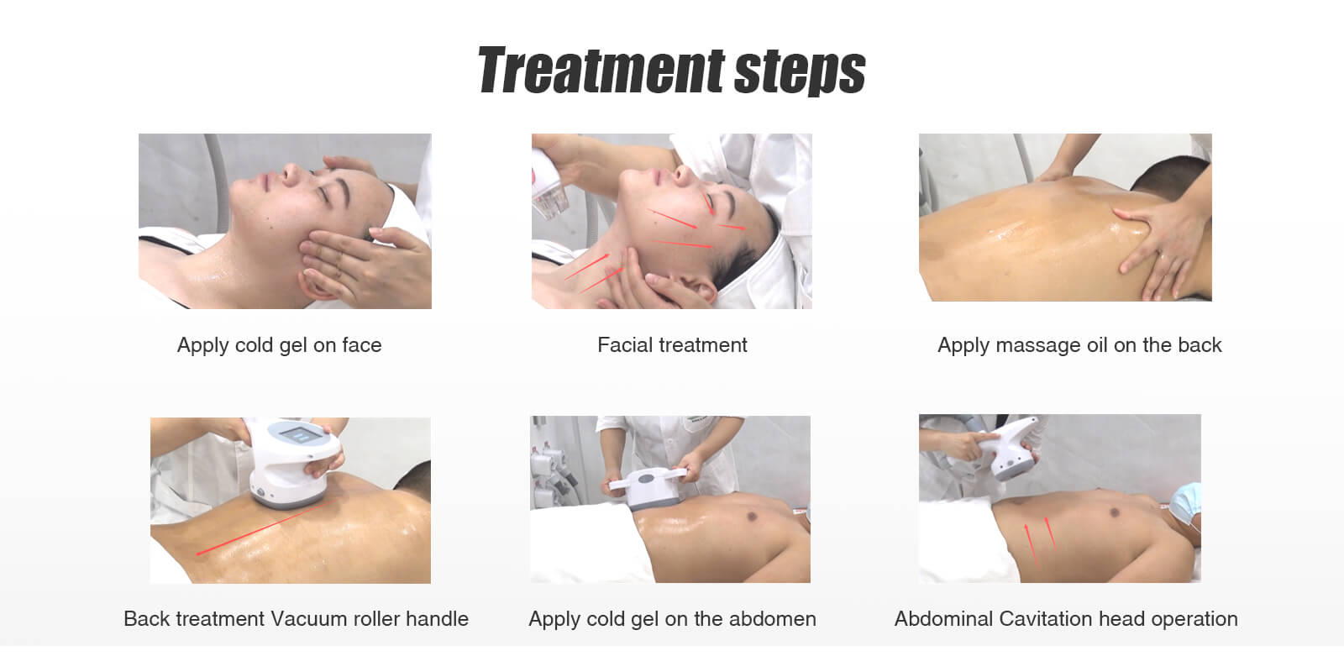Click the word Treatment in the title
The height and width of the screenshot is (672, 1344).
601,71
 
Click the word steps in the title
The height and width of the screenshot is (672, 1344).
800,72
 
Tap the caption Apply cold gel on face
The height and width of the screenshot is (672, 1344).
279,345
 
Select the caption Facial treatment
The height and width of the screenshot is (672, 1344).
672,345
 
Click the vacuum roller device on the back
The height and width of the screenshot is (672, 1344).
293,463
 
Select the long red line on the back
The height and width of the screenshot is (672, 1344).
262,528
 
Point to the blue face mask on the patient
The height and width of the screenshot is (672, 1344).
1185,503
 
